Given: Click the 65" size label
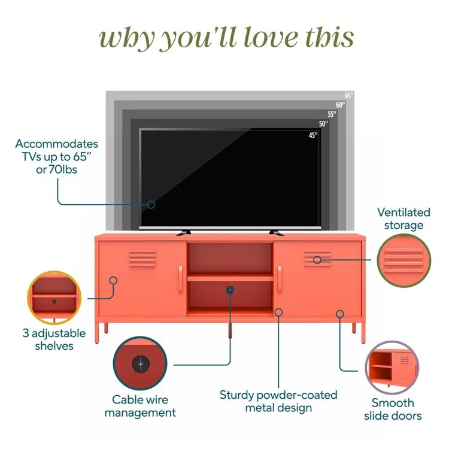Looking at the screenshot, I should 349,95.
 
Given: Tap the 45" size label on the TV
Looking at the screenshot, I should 313,135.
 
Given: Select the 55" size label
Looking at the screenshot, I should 332,114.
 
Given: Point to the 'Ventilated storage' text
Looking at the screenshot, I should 404,219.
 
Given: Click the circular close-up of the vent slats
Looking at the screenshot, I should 404,260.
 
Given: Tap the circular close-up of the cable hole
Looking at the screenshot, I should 141,364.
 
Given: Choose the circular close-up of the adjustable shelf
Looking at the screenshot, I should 54,298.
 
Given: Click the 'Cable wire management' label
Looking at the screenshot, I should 140,406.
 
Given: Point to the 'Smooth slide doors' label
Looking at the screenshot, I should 393,409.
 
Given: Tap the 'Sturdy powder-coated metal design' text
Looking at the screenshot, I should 278,401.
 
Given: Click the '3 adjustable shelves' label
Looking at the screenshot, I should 54,339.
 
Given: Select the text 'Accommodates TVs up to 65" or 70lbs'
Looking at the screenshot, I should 57,157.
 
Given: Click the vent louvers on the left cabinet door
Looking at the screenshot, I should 142,258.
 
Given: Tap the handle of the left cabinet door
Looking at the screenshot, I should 180,279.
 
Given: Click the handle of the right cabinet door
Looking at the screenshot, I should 279,279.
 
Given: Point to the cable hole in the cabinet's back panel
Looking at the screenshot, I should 230,290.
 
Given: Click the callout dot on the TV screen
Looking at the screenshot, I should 151,204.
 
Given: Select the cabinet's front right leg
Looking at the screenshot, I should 363,332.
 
